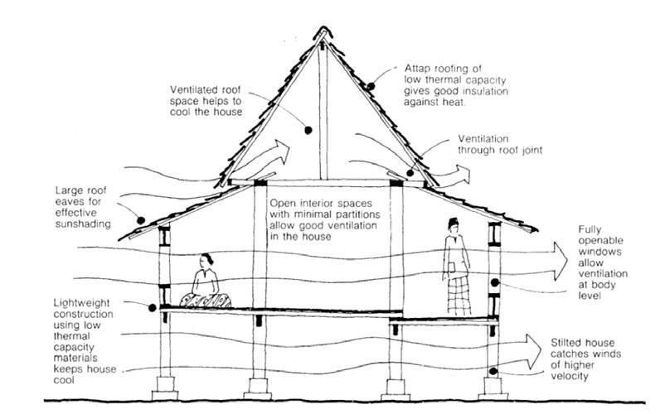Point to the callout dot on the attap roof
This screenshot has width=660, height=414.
(x=371, y=85)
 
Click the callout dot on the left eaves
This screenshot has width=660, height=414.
(x=142, y=220)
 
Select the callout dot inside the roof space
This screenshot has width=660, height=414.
(x=307, y=130)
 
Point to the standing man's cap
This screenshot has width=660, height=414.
(x=454, y=222)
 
